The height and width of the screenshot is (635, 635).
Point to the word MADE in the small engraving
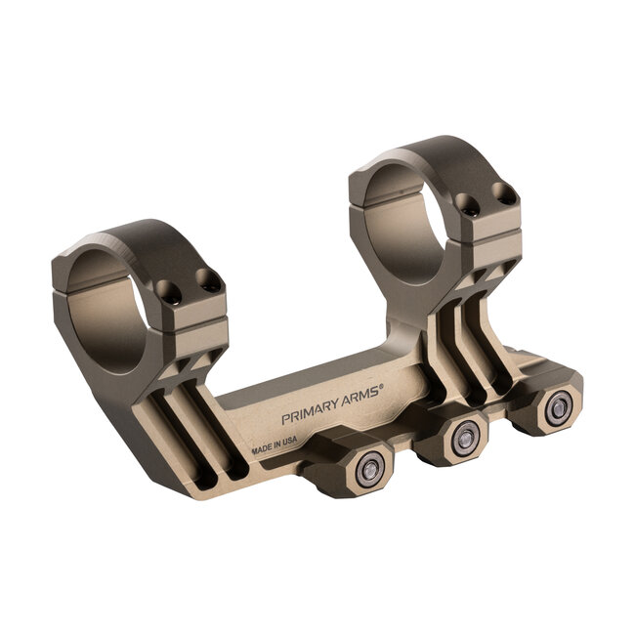[x=263, y=449]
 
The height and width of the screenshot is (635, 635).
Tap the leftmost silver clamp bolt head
[x=370, y=471]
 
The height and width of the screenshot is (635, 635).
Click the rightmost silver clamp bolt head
[x=557, y=408]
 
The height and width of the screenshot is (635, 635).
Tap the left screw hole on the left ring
[x=169, y=291]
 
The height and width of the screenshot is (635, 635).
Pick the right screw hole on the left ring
[x=206, y=281]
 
